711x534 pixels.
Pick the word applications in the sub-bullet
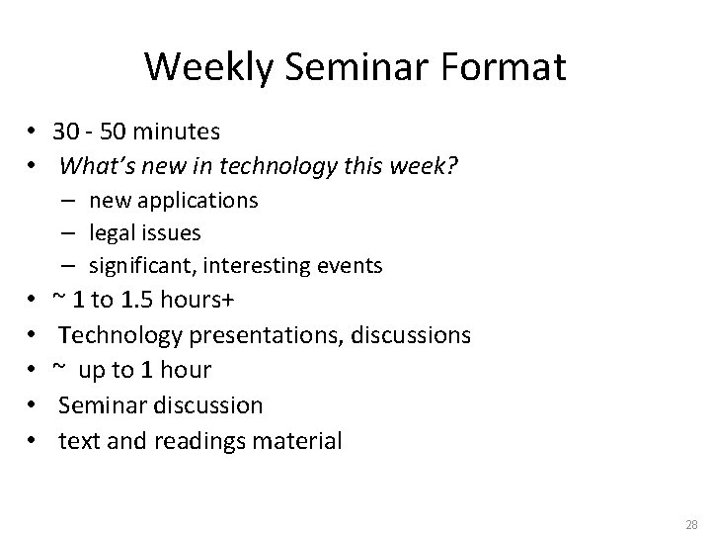197,201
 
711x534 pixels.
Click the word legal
112,233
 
